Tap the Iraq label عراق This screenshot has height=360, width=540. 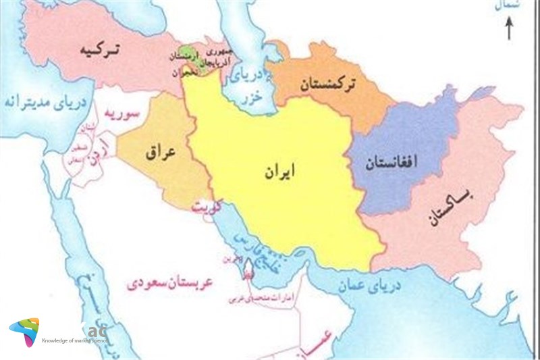click(x=161, y=153)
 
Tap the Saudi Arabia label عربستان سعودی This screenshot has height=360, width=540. click(x=170, y=282)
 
